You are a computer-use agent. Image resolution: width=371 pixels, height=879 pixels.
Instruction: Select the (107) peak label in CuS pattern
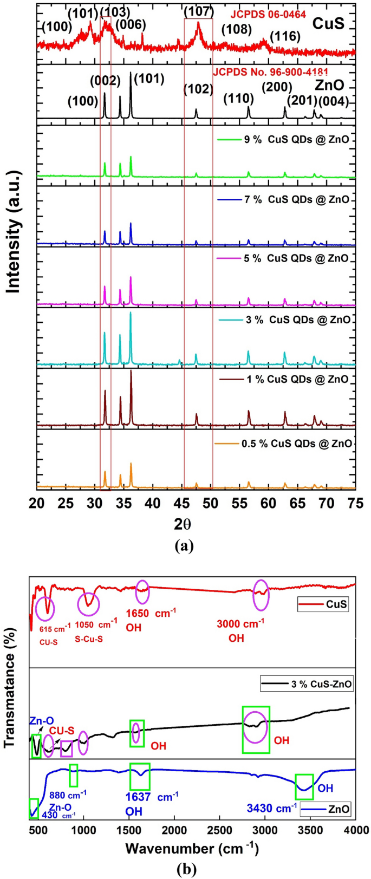(199, 11)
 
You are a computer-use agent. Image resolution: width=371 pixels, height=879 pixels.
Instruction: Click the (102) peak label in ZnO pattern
(198, 89)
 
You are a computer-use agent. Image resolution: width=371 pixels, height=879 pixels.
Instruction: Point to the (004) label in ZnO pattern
(333, 101)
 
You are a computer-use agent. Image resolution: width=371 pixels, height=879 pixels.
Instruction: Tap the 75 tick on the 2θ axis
(355, 503)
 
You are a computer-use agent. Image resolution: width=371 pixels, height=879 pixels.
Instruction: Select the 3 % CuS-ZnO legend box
(307, 684)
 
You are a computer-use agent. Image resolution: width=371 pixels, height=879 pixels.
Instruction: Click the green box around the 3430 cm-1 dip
(304, 786)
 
